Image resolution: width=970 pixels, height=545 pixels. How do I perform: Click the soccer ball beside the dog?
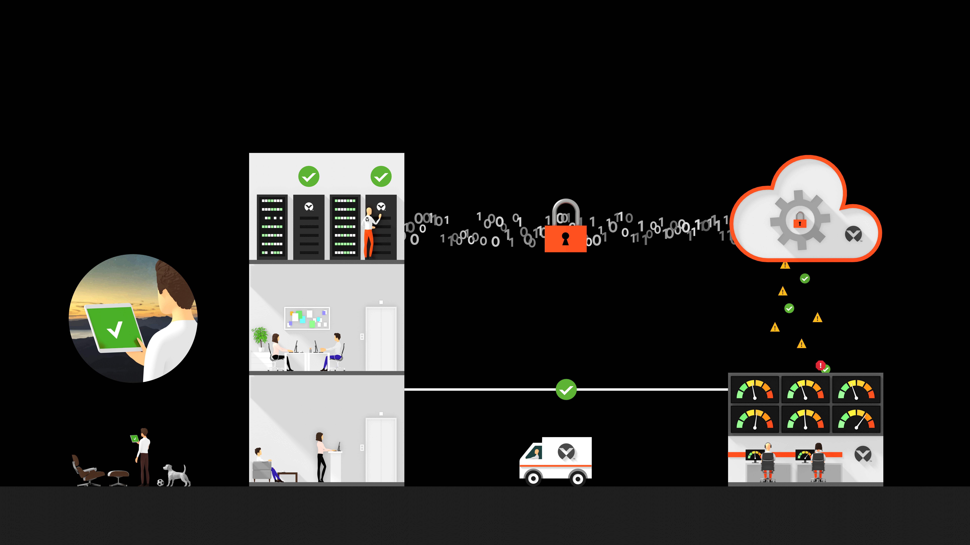[160, 482]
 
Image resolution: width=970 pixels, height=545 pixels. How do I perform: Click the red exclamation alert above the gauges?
[820, 365]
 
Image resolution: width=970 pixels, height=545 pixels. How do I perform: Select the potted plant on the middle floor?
[260, 337]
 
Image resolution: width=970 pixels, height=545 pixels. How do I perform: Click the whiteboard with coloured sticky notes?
[307, 318]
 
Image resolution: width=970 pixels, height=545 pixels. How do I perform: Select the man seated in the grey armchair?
[264, 463]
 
